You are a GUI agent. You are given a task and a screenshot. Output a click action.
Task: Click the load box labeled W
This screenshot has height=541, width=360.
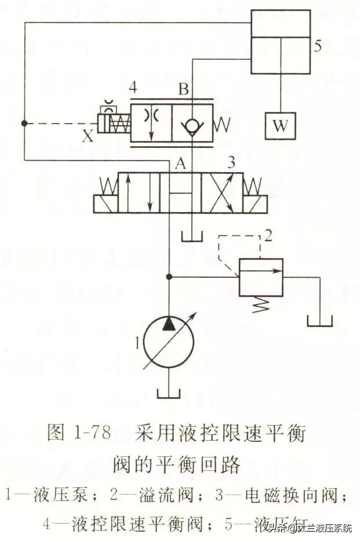coord(280,125)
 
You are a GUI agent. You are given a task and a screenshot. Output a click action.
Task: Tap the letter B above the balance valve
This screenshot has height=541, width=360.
coord(184,90)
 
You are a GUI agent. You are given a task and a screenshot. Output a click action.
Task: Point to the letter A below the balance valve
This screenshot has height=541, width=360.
coord(180,165)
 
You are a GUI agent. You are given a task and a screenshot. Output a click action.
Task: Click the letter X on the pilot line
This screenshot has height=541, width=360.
coord(88,137)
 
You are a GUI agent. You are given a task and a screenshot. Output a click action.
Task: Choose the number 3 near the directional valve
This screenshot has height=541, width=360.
coord(231,164)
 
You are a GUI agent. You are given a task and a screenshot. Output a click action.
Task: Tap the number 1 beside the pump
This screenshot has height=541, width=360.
coord(137,343)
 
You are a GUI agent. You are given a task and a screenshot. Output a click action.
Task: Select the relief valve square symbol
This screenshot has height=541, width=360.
coord(261,277)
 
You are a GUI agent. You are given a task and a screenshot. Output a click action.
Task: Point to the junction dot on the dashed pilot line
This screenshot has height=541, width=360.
coord(24,123)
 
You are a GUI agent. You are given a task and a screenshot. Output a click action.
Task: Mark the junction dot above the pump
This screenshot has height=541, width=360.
coord(169,277)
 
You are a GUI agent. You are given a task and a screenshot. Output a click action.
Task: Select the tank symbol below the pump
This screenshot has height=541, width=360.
coord(169,392)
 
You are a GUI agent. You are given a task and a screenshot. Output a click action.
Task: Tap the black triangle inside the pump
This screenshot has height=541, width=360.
coord(169,323)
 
